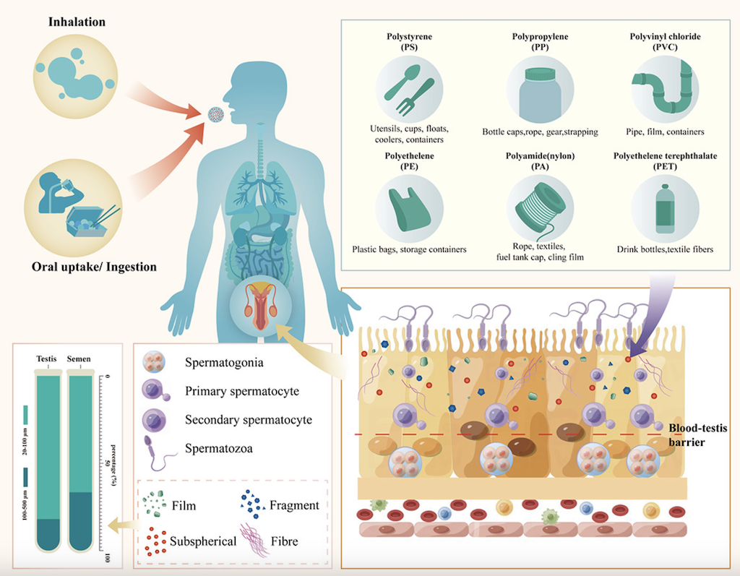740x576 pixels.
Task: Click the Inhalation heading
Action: coord(77,22)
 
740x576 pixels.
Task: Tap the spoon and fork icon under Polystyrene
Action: coord(409,90)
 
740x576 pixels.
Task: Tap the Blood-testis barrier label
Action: coord(697,435)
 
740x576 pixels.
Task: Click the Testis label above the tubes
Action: coord(46,358)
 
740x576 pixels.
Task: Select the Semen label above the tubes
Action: coord(79,358)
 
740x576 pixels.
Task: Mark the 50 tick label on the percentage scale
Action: coord(108,464)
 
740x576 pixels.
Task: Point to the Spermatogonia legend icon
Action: coord(154,362)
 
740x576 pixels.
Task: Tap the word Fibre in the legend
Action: coord(284,541)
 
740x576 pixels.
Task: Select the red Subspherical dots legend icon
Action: coord(155,541)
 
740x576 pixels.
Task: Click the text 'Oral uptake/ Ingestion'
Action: coord(95,267)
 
